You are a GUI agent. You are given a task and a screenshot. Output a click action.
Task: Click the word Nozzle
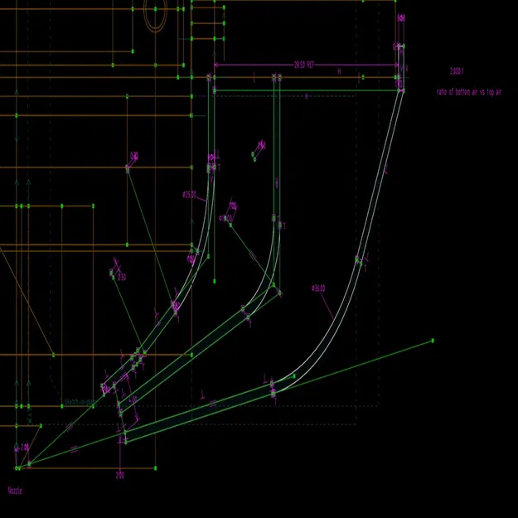click(15, 491)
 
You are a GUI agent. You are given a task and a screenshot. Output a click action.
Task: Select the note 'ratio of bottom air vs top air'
click(469, 92)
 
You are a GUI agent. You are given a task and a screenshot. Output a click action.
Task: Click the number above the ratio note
click(457, 71)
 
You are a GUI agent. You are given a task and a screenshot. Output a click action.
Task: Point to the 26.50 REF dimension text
click(304, 65)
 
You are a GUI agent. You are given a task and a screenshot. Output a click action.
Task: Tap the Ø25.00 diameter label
click(190, 195)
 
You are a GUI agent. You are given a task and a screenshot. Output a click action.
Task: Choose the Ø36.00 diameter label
click(318, 288)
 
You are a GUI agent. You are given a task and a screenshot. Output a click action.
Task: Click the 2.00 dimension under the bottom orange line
click(120, 476)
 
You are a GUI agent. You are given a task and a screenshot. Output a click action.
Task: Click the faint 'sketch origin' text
click(79, 402)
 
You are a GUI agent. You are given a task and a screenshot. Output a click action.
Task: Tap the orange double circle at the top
click(156, 14)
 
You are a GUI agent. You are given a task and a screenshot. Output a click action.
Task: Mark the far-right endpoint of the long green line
click(433, 341)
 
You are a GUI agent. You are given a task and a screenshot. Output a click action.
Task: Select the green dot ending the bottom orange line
click(155, 468)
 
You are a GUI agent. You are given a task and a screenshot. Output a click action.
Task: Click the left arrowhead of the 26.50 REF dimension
click(217, 65)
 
